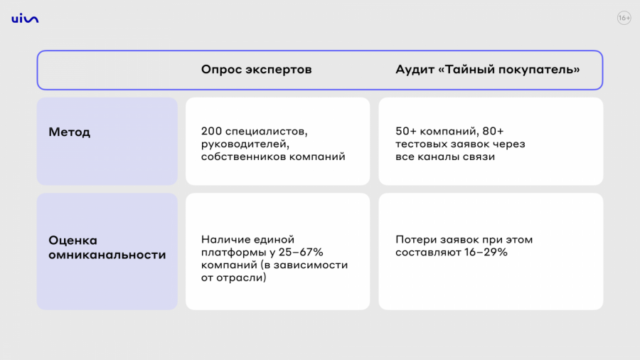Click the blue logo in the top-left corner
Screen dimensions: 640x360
[x=25, y=18]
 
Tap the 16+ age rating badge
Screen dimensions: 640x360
[x=624, y=18]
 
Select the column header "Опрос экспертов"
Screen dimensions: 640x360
[x=256, y=70]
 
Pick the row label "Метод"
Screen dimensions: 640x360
[x=70, y=132]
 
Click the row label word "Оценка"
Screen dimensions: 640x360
[x=73, y=240]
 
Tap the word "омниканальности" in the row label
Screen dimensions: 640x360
[x=107, y=254]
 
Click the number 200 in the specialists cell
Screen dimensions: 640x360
[x=211, y=131]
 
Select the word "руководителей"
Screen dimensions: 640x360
[x=245, y=144]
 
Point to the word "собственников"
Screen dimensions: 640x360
[x=238, y=157]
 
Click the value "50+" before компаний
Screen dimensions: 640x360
[x=406, y=131]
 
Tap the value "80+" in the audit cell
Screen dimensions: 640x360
[x=493, y=131]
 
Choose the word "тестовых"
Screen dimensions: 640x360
[x=420, y=144]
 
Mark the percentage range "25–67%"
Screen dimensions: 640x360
[x=301, y=252]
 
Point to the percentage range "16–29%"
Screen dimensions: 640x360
[x=486, y=252]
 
